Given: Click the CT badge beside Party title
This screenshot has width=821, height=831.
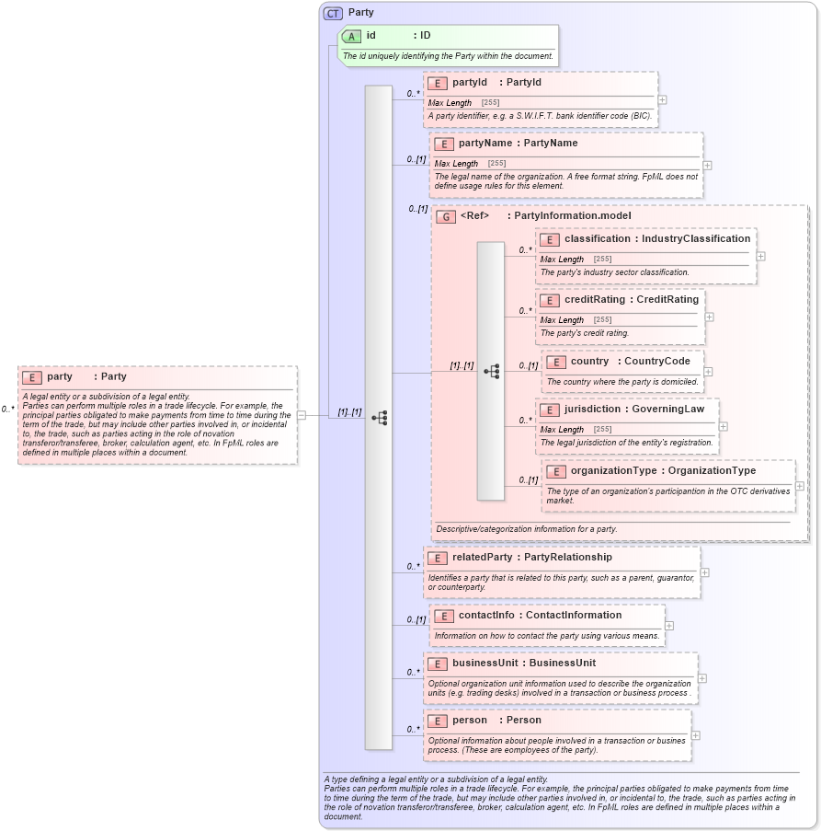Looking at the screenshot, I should point(334,13).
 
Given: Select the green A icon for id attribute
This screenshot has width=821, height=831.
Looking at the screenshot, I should point(351,36).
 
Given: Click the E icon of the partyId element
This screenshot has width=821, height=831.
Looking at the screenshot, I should point(437,83).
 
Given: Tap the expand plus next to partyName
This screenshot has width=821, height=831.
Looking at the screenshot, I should point(707,166).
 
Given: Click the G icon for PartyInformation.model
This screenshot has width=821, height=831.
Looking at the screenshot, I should point(446,216).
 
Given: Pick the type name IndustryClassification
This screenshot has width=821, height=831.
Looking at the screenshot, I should point(696,238).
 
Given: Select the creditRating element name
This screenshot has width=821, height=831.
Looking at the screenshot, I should point(594,299).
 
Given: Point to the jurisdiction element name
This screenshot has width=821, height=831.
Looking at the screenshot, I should point(594,408).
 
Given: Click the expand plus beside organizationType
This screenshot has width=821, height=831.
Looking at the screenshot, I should point(799,486).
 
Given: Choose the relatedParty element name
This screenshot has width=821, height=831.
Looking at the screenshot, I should point(482,557).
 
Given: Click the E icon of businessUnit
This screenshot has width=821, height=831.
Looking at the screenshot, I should point(437,664).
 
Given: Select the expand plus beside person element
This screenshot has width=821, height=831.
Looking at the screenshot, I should point(695,735).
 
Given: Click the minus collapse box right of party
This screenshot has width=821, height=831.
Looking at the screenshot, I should point(302,415).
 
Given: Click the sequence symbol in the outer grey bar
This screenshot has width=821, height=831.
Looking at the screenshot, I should point(379,417).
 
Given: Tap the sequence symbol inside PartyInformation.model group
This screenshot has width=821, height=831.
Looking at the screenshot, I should point(491,371).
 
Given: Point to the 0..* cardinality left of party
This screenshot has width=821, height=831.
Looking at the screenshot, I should point(7,409).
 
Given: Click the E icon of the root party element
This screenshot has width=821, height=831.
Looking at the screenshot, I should point(31,377).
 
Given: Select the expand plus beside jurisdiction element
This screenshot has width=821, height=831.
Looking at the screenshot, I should point(723,426).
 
